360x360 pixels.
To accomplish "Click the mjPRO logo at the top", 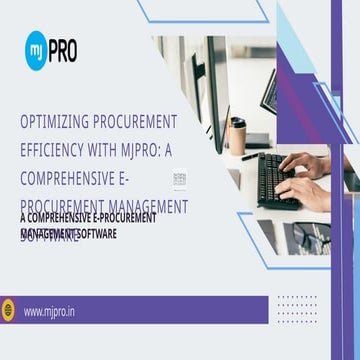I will [53, 47].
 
